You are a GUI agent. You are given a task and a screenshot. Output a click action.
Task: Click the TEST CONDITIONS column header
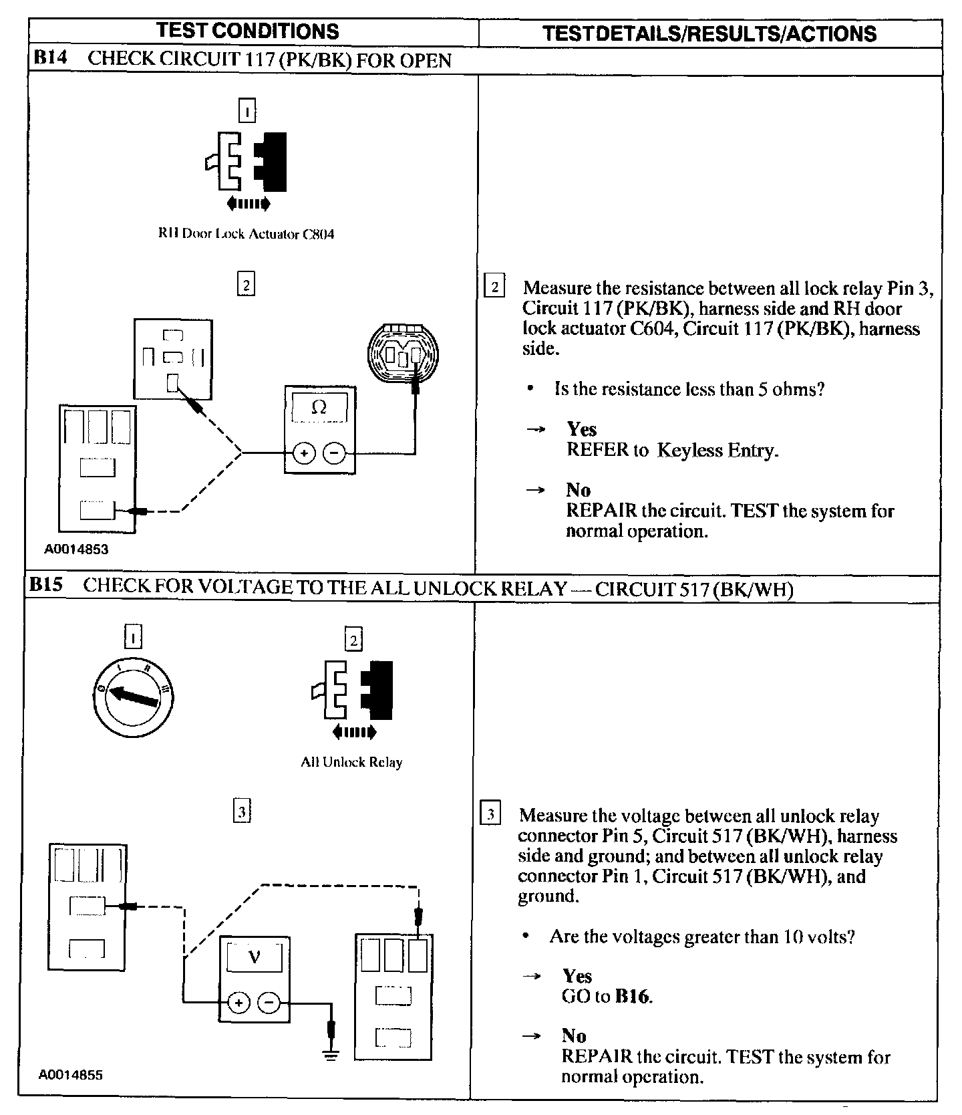[x=247, y=31]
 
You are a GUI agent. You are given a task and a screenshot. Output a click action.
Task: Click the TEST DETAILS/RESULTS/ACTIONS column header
[x=709, y=33]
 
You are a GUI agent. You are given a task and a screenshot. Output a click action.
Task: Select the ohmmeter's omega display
[x=319, y=407]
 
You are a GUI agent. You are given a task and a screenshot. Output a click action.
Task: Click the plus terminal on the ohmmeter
[x=304, y=454]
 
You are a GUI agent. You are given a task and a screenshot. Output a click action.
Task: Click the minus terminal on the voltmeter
[x=269, y=1002]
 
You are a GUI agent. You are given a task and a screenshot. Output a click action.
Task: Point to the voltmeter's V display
[x=254, y=957]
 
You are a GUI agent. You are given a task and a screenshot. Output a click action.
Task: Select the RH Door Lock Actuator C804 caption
[x=246, y=234]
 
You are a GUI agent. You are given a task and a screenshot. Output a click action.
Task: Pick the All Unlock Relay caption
[x=351, y=762]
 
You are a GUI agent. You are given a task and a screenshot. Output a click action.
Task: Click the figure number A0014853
[x=76, y=549]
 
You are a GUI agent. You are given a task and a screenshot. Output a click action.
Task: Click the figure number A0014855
[x=71, y=1076]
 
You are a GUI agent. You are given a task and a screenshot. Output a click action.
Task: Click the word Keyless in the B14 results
[x=687, y=451]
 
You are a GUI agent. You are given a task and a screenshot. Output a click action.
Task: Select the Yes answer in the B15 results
[x=577, y=976]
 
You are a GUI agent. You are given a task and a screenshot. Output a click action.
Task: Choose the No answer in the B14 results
[x=578, y=490]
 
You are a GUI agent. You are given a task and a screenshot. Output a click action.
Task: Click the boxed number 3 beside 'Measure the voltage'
[x=490, y=815]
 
